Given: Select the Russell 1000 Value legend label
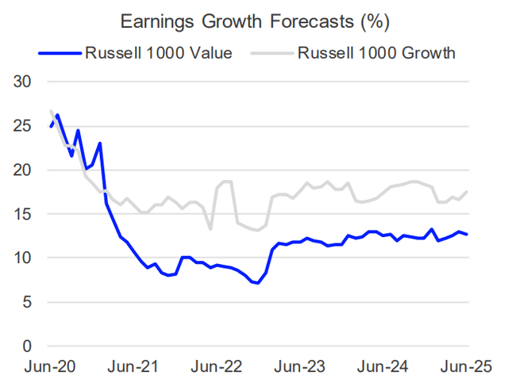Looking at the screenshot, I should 158,54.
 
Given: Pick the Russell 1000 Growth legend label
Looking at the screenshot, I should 377,54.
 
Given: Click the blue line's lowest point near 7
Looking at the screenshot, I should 258,283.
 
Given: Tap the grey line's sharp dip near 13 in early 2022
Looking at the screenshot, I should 210,229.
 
